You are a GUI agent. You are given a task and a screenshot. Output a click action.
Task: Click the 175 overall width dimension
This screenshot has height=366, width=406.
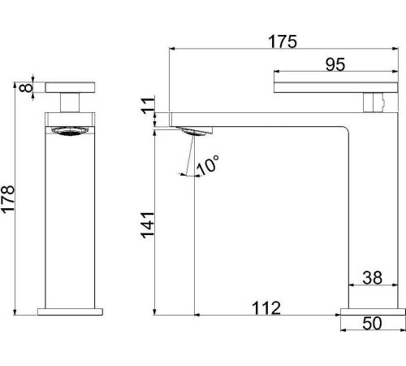point(283,41)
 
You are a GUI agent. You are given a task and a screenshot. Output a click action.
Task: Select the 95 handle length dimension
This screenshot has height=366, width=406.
point(335,65)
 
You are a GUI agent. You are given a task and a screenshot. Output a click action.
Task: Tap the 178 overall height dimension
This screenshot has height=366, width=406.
point(8,199)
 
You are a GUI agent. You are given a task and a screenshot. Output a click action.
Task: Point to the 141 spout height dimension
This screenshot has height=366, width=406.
point(148,225)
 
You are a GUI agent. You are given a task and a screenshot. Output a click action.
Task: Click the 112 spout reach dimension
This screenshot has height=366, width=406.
point(266,308)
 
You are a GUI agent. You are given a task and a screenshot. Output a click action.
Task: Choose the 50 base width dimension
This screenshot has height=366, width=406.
point(373,323)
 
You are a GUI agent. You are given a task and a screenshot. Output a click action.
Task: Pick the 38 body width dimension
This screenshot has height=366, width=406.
point(373,278)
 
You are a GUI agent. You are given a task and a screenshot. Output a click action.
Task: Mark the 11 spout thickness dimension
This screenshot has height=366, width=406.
point(149,105)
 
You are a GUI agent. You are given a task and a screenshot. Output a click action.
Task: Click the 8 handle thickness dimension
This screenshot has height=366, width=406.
point(26,88)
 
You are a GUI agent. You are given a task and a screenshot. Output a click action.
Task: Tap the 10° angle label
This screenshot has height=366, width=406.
point(208,164)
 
